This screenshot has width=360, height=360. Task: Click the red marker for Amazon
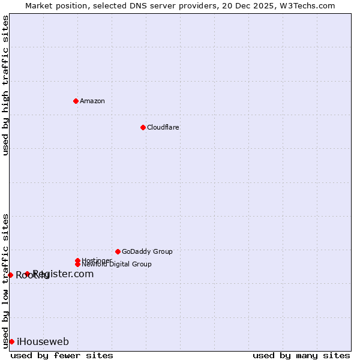76,101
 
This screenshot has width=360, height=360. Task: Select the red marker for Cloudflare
143,127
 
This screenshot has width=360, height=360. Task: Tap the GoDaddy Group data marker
118,251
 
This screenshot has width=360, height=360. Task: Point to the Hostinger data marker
77,260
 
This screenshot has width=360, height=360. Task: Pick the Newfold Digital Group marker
77,264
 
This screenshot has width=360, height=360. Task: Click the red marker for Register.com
27,274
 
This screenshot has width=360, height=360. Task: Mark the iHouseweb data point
11,341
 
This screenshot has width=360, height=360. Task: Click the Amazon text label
92,101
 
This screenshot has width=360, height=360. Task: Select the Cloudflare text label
163,127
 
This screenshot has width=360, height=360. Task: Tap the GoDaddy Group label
147,251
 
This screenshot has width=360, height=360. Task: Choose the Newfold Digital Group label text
117,265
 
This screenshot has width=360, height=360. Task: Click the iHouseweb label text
43,342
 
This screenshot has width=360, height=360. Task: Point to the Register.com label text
64,274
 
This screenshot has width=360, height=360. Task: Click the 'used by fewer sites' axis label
62,355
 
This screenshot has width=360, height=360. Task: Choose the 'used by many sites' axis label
301,355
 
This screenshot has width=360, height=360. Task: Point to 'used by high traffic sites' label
5,85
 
